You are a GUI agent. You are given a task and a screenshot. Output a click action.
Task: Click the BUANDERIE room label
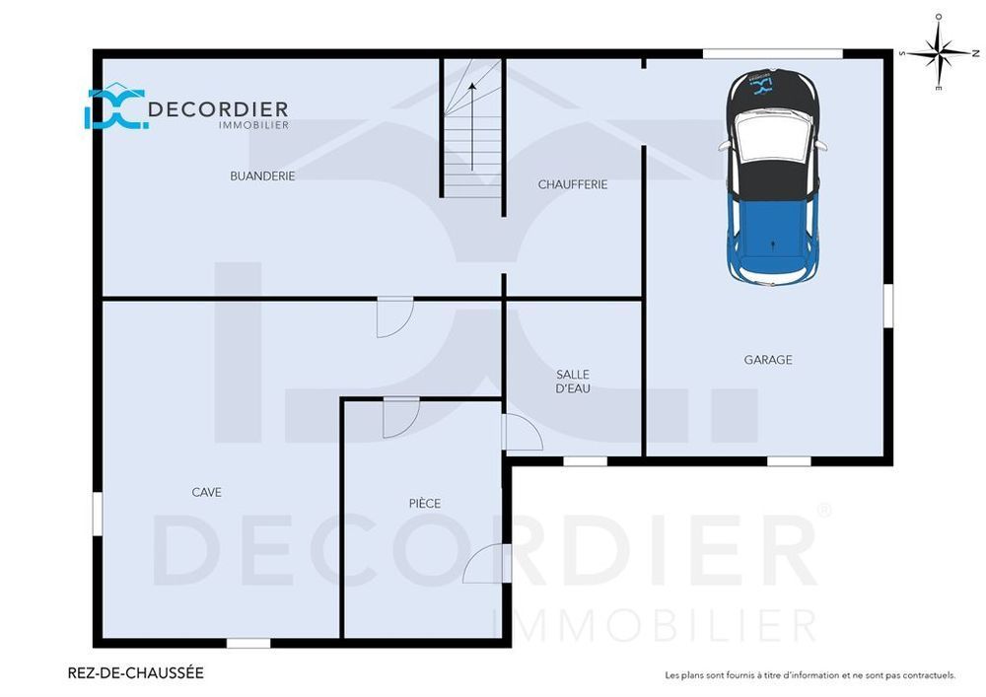[262, 176]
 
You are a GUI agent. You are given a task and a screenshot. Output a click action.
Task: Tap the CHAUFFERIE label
[572, 184]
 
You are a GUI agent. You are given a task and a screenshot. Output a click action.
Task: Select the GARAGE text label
[767, 360]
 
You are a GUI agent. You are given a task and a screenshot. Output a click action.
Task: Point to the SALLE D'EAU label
[573, 382]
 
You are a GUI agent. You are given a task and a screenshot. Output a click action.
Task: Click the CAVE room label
[206, 492]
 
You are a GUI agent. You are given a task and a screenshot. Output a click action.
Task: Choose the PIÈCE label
[424, 504]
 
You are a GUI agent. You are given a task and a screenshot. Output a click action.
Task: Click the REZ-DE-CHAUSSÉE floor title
[135, 673]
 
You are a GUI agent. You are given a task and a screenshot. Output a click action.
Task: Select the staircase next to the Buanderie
[471, 128]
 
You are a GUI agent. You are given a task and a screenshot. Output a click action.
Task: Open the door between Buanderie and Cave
[393, 316]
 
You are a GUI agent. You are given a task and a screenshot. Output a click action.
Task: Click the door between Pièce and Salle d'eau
[521, 433]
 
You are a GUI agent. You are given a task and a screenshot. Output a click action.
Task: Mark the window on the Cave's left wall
[97, 514]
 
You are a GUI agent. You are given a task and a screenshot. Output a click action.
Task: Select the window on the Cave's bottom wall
[248, 643]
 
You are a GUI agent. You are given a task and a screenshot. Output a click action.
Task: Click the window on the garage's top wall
[772, 53]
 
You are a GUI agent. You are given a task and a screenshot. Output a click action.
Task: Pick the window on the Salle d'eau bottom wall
[585, 460]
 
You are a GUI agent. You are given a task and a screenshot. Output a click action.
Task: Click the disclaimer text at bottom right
[810, 675]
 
